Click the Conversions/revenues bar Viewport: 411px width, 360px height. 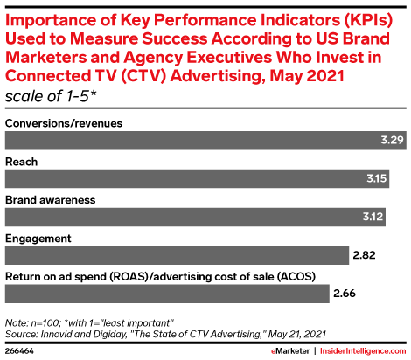coord(205,141)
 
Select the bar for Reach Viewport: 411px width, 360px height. coord(197,178)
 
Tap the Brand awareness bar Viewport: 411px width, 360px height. coord(195,217)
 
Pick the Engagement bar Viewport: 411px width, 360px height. coord(177,255)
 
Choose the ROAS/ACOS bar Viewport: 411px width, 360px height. coord(167,294)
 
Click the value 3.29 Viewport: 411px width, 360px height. coord(392,140)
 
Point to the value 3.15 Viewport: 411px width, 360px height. coord(377,178)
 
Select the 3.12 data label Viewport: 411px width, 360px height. coord(373,217)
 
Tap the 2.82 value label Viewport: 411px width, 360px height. coord(364,255)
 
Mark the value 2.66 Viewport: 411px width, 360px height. coord(345,294)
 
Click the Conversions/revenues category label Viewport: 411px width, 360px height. coord(64,123)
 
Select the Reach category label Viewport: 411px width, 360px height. coord(22,162)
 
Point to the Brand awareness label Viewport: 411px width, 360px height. coord(51,200)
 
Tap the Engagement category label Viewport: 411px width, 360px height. coord(38,239)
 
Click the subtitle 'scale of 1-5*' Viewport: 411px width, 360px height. coord(51,96)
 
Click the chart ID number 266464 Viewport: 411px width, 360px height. coord(19,351)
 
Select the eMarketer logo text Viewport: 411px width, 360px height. coord(290,351)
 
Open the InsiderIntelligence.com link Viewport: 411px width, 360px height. coord(363,351)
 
